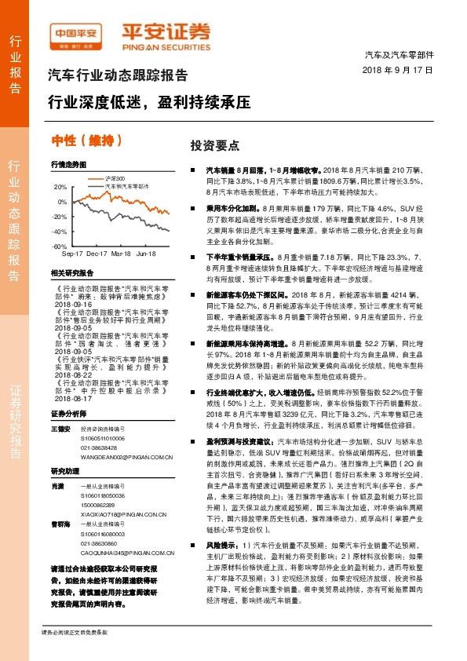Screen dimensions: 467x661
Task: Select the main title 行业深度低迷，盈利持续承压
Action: [149, 103]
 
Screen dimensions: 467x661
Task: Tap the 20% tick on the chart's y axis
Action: [60, 187]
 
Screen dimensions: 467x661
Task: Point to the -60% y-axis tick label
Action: [59, 246]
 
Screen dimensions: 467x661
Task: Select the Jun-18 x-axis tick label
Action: [146, 254]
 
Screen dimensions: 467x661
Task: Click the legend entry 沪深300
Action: [116, 181]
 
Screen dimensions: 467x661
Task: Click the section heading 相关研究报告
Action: [71, 273]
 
